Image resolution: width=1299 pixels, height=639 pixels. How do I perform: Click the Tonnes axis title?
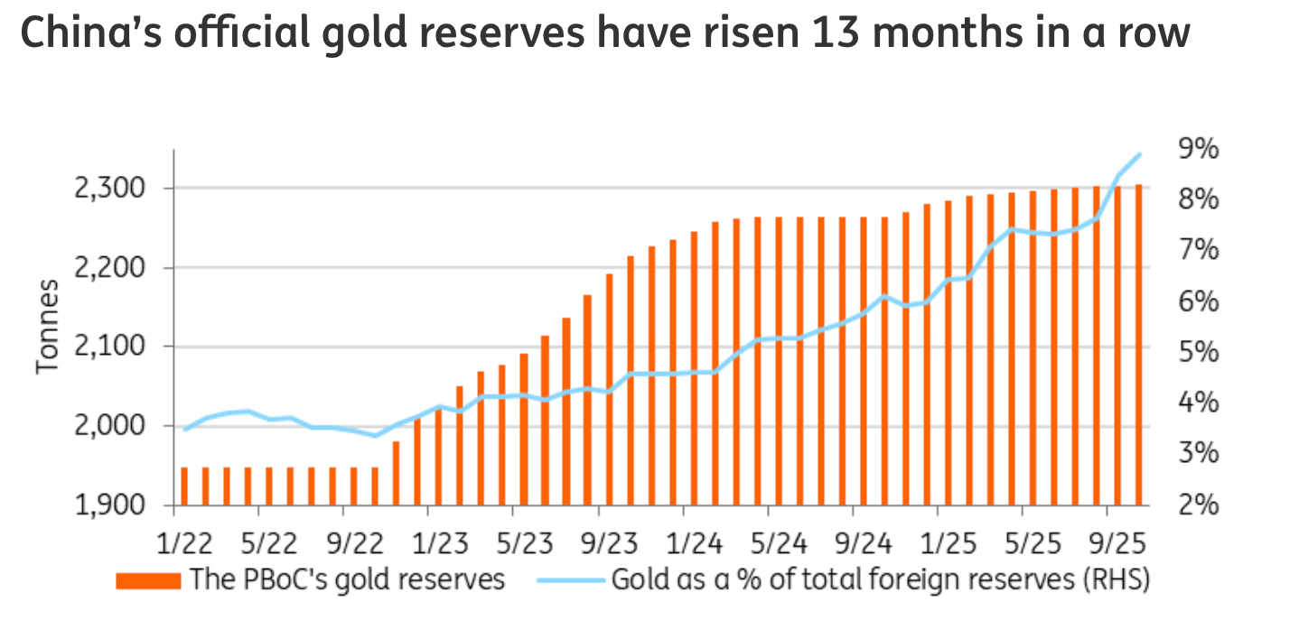click(x=48, y=327)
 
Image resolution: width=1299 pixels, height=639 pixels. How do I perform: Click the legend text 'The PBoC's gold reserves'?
click(x=346, y=579)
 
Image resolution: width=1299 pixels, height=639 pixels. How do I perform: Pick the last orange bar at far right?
click(x=1139, y=344)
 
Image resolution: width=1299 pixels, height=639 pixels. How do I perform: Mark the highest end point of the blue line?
click(x=1139, y=154)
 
